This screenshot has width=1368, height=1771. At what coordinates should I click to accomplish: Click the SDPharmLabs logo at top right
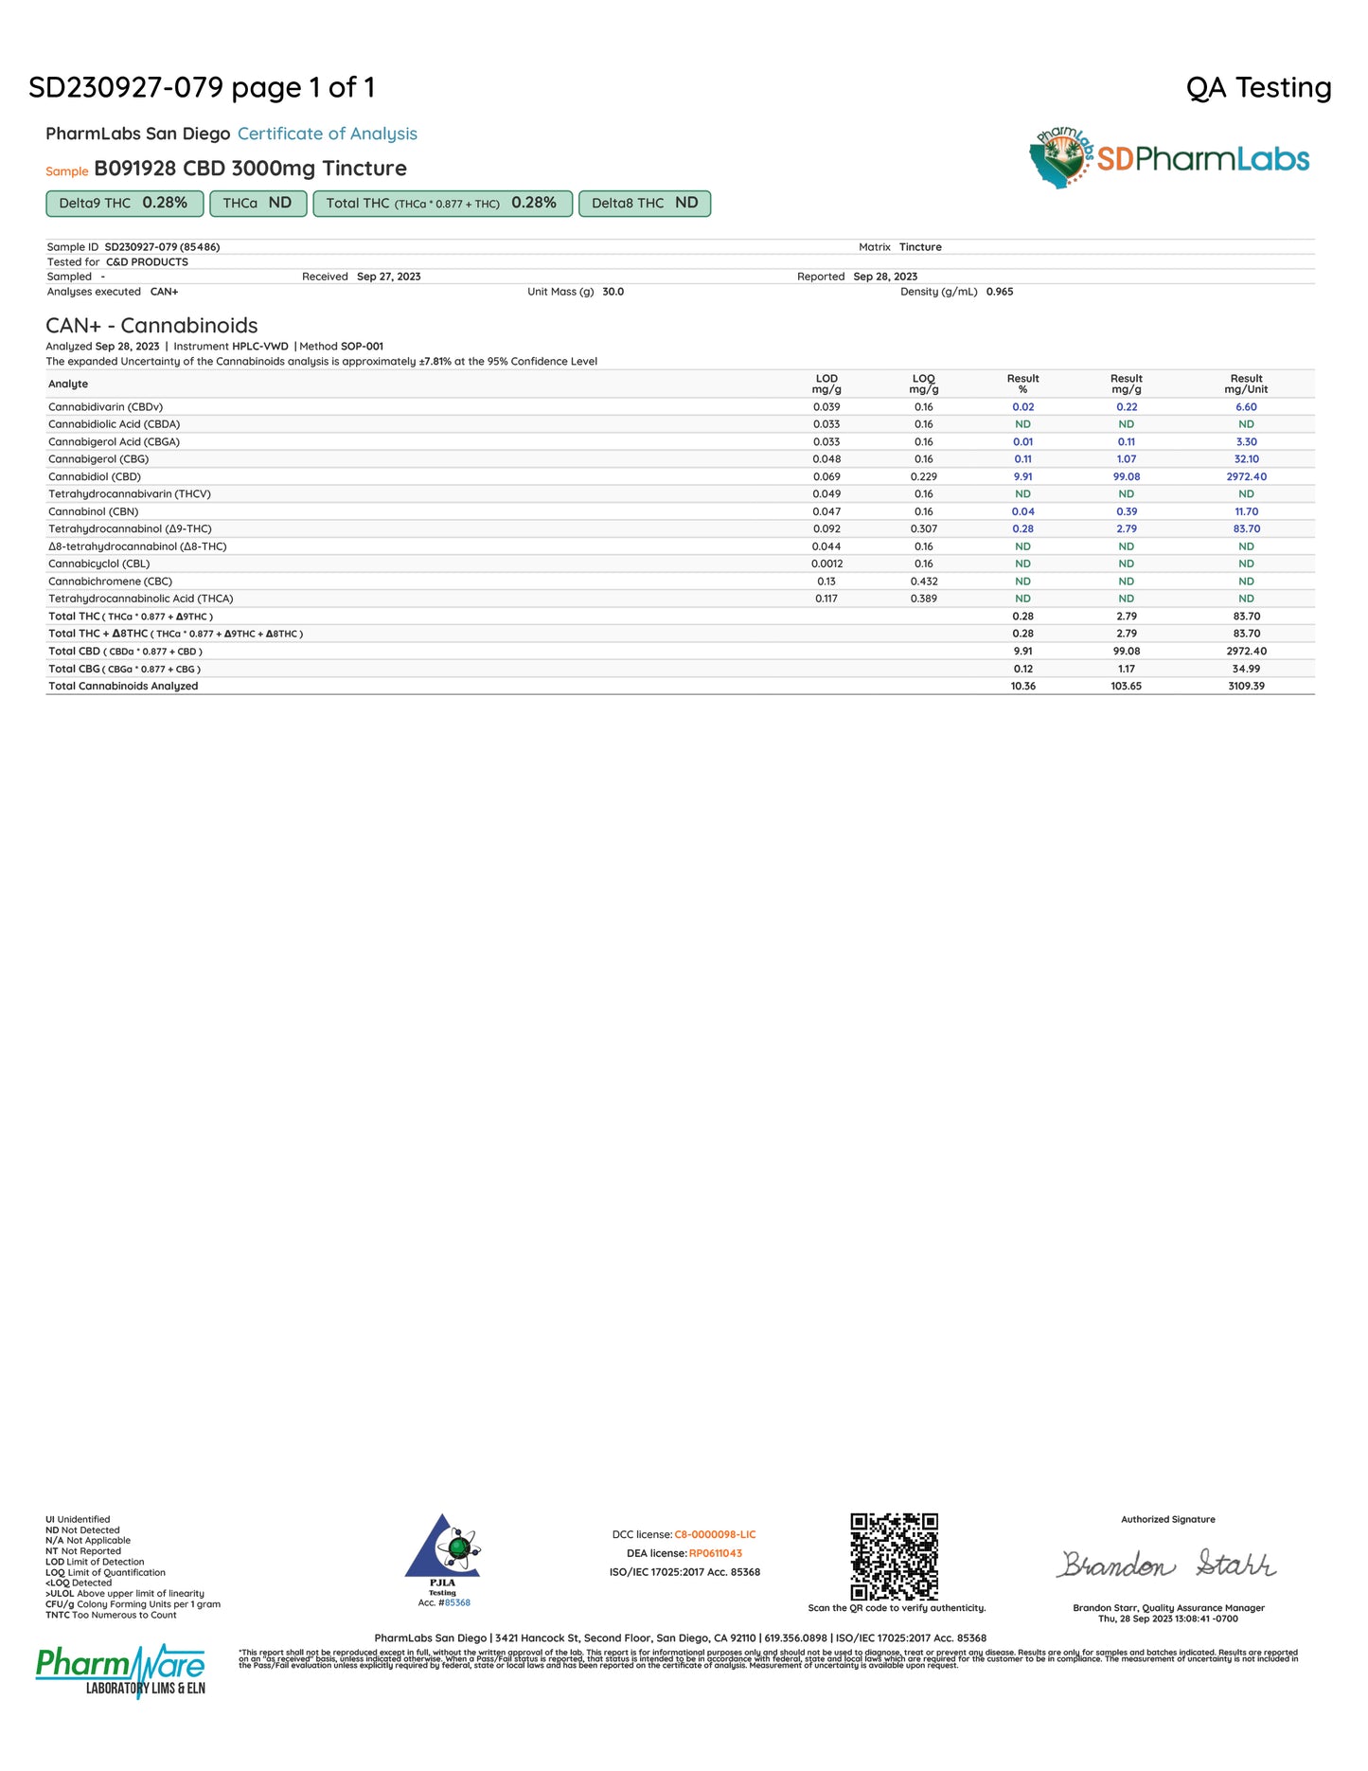1169,158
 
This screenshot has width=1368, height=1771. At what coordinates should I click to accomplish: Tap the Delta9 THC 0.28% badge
124,204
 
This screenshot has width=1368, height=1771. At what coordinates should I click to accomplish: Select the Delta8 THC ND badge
644,204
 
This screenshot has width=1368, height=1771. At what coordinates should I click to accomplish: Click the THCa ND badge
258,204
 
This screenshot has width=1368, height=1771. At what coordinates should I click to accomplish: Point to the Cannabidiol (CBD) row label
95,476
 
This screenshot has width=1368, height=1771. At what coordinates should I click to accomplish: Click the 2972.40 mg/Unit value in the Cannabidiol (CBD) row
1246,476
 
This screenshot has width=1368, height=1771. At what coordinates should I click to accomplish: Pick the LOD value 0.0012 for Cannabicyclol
826,563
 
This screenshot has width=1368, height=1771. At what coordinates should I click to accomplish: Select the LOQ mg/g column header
923,384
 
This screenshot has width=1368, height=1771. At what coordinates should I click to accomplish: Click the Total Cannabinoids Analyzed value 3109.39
1246,686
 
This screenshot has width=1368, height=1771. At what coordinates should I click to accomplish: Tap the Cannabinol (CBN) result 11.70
1246,511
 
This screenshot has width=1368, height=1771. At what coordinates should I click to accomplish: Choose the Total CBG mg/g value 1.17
1126,669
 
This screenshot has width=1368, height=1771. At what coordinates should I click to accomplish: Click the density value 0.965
999,292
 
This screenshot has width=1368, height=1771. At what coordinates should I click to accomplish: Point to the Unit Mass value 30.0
613,292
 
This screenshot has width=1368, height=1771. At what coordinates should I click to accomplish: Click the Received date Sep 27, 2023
388,277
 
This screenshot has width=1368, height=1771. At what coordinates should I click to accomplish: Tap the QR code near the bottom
894,1556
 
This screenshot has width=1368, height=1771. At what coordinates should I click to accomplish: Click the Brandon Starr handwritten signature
1166,1564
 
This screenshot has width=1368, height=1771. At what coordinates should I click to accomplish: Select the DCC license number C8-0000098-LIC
715,1534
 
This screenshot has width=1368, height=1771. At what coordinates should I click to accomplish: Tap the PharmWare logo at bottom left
120,1671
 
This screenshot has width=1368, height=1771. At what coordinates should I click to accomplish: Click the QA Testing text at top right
1258,88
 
